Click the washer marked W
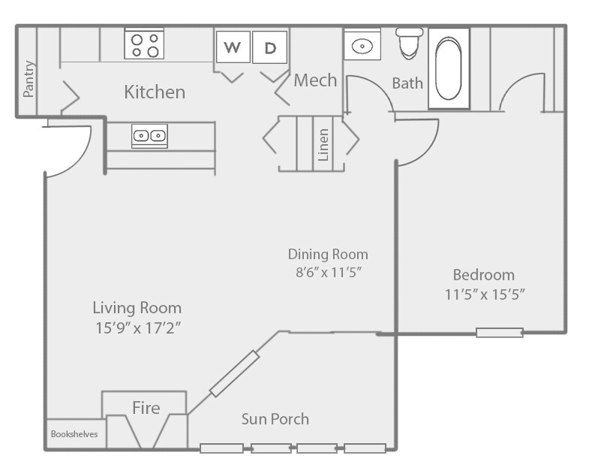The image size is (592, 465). coord(233,47)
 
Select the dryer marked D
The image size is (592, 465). coord(269,47)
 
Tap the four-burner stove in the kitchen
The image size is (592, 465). coord(144,44)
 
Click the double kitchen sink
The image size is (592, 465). coord(149,136)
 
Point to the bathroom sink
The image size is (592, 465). coord(362,45)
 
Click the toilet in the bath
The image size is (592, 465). coord(409,43)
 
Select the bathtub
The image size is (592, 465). coord(449,68)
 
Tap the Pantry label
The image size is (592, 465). coord(29,79)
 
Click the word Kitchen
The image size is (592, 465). coord(155,92)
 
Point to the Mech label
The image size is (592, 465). coord(315,80)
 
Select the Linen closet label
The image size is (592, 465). coord(323,145)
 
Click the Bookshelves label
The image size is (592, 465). coord(74,434)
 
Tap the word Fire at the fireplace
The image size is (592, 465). coord(146,408)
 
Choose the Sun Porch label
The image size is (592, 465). coord(275,419)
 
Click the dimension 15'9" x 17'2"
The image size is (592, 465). coord(138,328)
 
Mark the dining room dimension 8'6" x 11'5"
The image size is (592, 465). coord(329,272)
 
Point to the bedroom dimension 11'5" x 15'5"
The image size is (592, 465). coord(485,294)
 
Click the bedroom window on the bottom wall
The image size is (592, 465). coord(500,333)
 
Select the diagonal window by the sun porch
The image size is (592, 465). coord(234,373)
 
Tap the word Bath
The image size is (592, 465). coord(407,83)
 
